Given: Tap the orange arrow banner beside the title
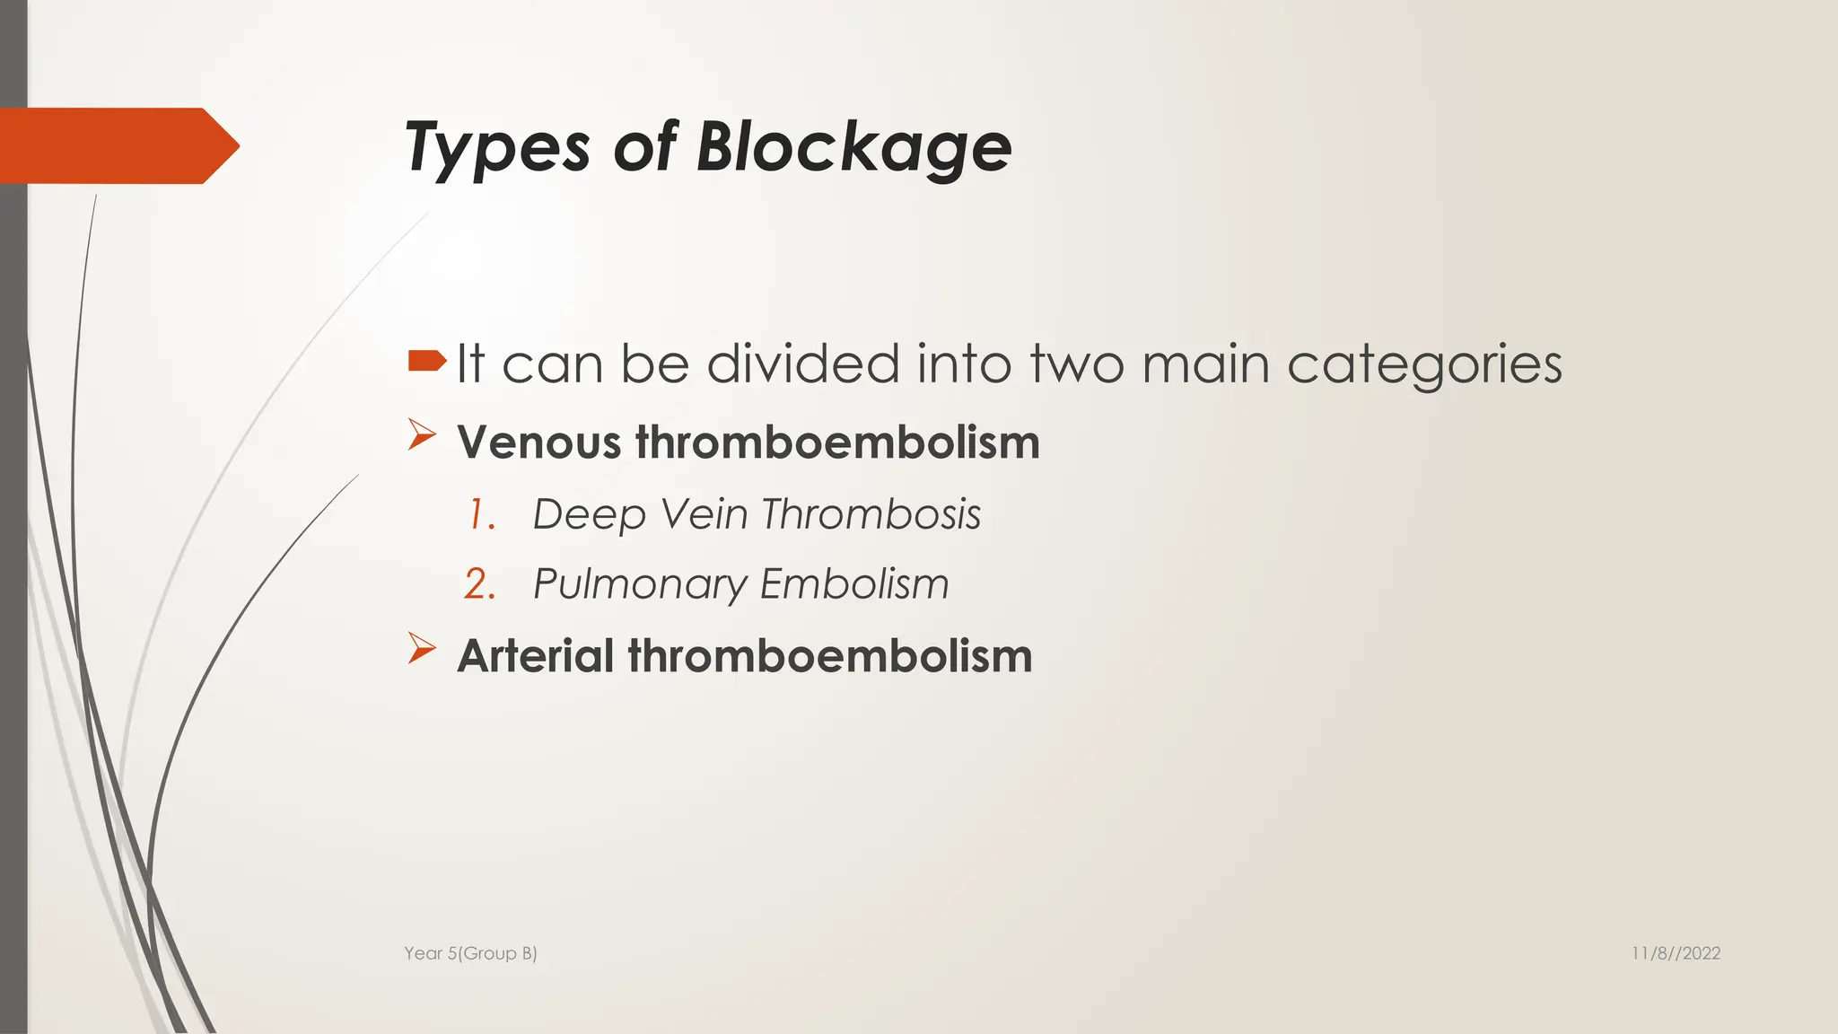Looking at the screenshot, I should [x=117, y=146].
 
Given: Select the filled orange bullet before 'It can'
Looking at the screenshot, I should [x=426, y=361].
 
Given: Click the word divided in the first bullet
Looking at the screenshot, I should [x=802, y=364].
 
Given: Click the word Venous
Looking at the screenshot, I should [x=538, y=443].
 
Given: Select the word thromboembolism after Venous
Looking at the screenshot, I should [x=837, y=443].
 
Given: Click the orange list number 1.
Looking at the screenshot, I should [x=481, y=515].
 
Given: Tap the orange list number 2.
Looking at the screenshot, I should [x=480, y=584].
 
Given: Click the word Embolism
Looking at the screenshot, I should [x=854, y=584].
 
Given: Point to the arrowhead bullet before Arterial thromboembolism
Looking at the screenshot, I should [x=421, y=648].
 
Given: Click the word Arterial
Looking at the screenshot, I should [x=535, y=656].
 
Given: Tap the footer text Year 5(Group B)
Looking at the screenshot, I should [x=470, y=953].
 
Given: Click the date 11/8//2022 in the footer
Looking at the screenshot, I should [x=1676, y=953].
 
